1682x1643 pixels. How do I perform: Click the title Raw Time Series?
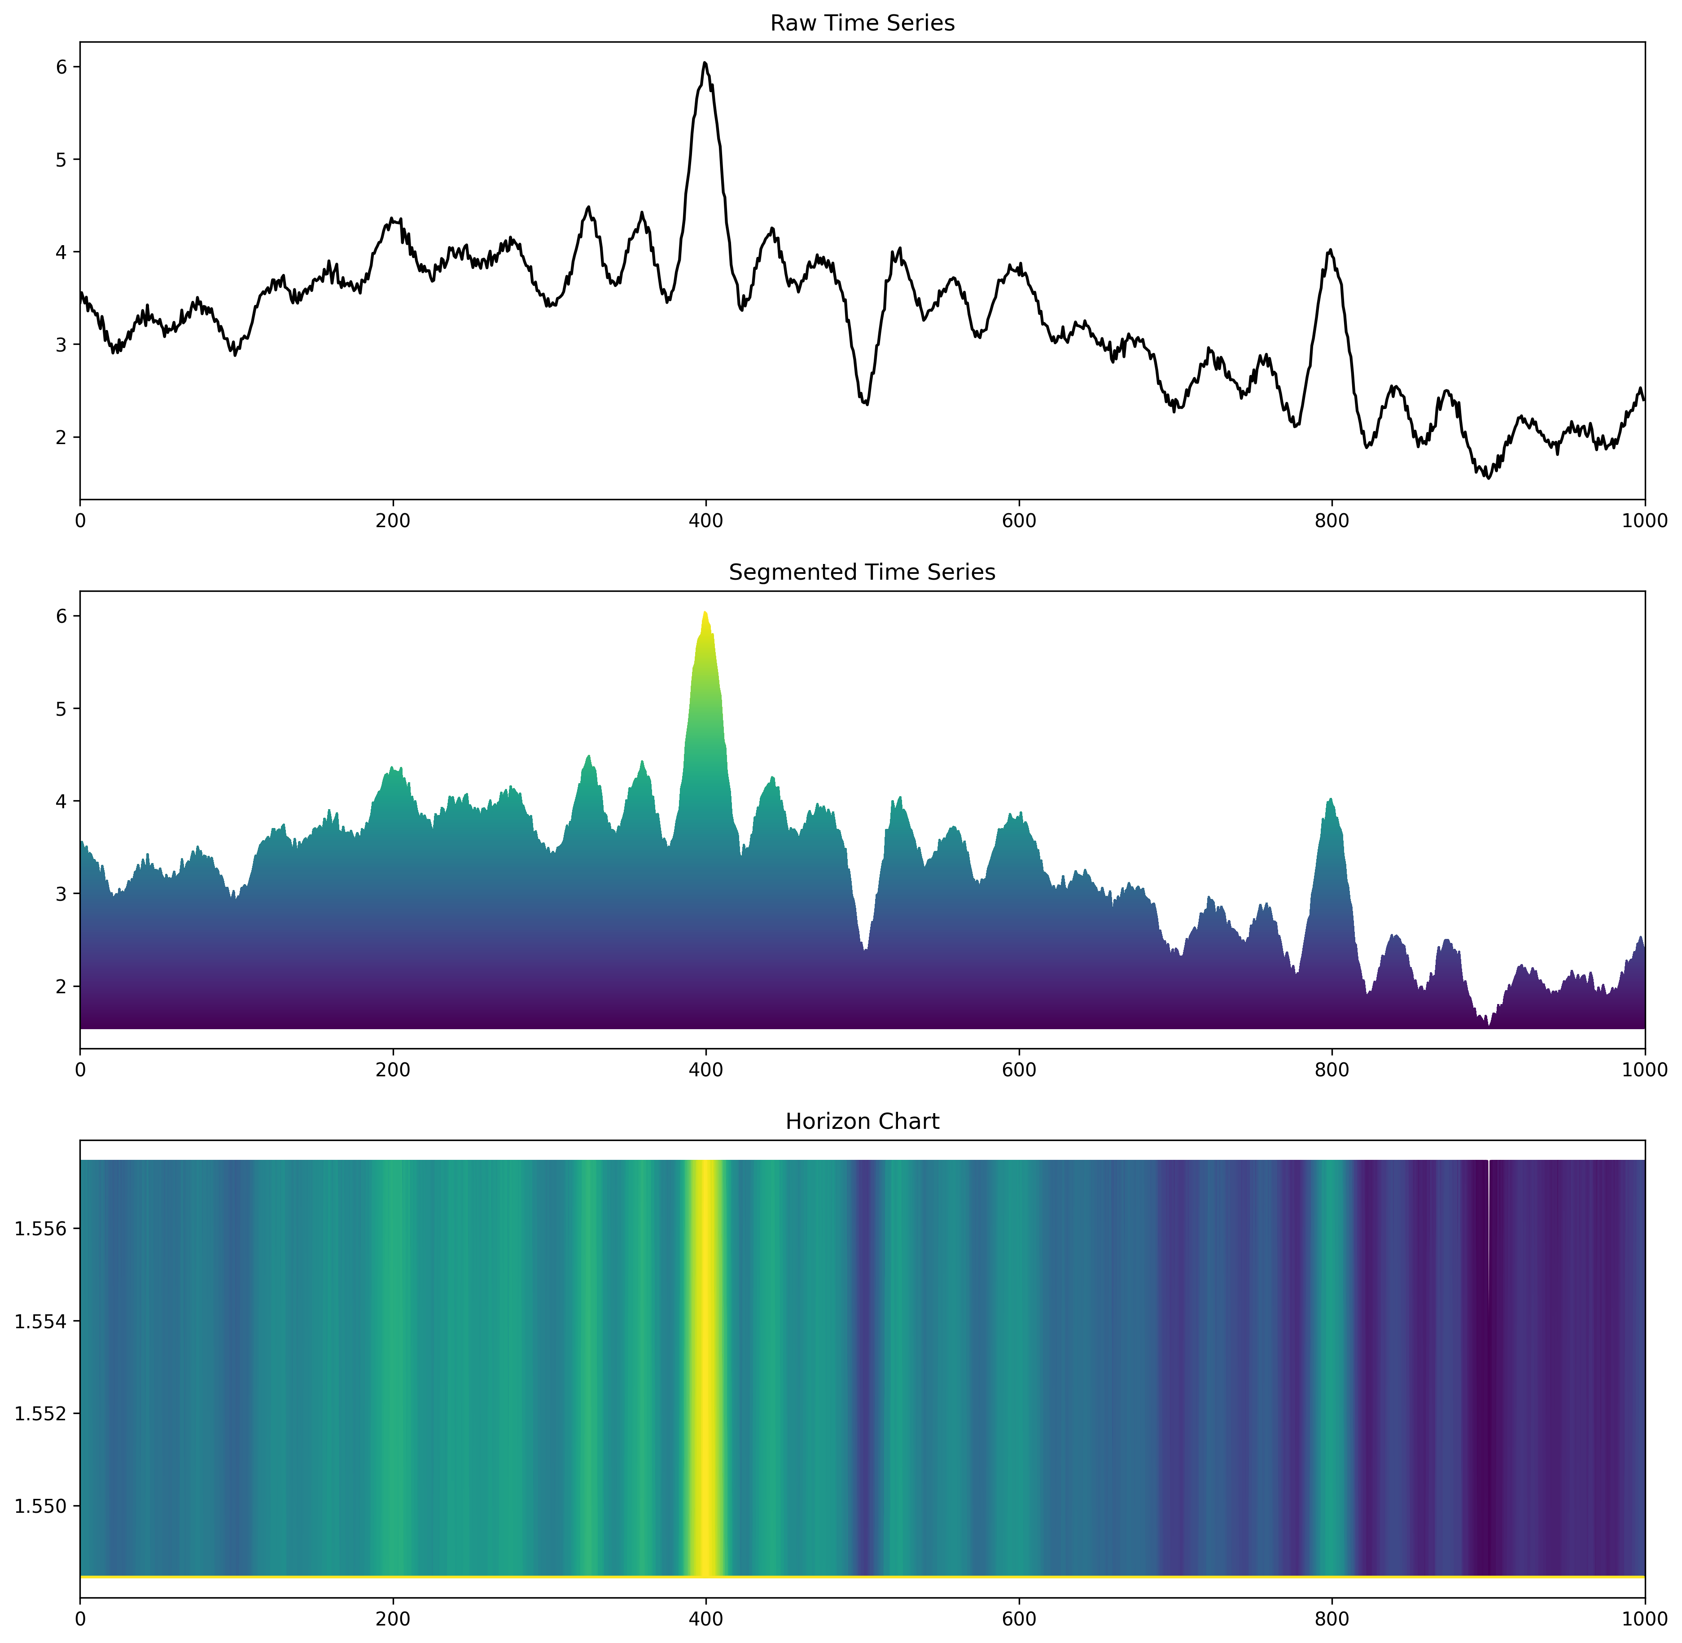862,23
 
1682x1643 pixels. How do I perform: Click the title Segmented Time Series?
862,572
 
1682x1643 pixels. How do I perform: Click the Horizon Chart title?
862,1121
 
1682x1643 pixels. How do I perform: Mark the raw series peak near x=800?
1331,250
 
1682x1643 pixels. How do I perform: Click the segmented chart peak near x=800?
1331,800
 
